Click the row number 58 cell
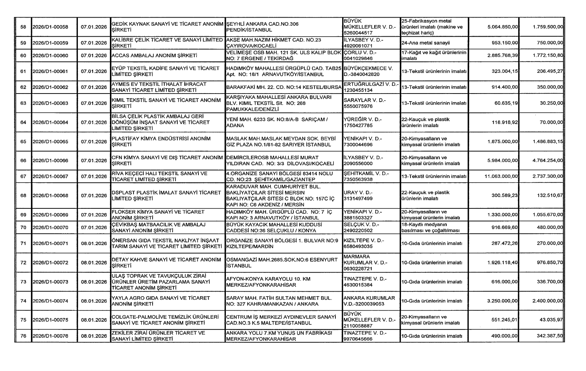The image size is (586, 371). tap(23, 27)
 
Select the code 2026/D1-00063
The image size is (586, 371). tap(50, 103)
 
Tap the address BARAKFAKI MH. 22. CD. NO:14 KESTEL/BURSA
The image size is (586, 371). tap(283, 87)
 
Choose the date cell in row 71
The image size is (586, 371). tap(94, 244)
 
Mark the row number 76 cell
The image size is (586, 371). tap(23, 336)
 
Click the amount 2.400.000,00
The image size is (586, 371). tap(548, 301)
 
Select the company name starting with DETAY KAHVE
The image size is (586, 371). tap(166, 263)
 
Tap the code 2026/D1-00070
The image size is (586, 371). tap(50, 227)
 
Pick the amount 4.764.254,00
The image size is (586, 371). tap(548, 161)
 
